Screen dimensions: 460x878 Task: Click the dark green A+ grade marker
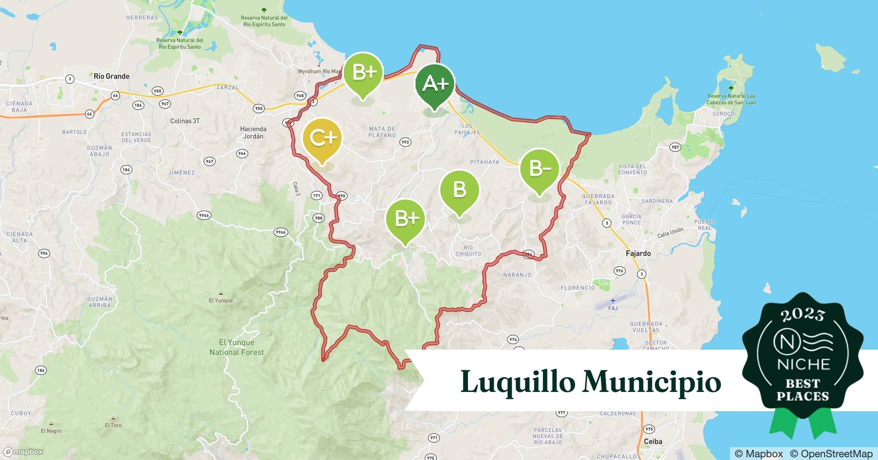pyautogui.click(x=434, y=84)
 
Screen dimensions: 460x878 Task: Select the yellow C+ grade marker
pyautogui.click(x=322, y=138)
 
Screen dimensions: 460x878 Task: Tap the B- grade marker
pyautogui.click(x=539, y=169)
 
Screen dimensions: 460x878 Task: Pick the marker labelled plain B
pyautogui.click(x=459, y=190)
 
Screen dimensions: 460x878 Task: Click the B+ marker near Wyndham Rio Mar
pyautogui.click(x=363, y=73)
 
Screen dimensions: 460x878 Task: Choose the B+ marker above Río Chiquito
pyautogui.click(x=405, y=218)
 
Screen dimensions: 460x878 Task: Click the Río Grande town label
pyautogui.click(x=111, y=76)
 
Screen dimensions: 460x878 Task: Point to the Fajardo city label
pyautogui.click(x=638, y=253)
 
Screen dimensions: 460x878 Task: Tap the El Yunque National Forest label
pyautogui.click(x=236, y=347)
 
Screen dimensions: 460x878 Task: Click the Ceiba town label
pyautogui.click(x=653, y=442)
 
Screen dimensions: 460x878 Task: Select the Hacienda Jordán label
pyautogui.click(x=253, y=132)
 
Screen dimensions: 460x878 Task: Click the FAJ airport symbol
pyautogui.click(x=612, y=301)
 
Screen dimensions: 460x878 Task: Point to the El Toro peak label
pyautogui.click(x=113, y=425)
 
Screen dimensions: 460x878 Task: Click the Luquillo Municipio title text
pyautogui.click(x=590, y=382)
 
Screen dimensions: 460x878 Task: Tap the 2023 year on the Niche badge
pyautogui.click(x=802, y=315)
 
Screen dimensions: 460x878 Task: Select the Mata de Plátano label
pyautogui.click(x=382, y=132)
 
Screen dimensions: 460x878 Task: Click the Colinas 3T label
pyautogui.click(x=185, y=121)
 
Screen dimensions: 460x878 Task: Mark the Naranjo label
pyautogui.click(x=517, y=275)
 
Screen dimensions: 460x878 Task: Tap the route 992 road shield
pyautogui.click(x=405, y=142)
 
